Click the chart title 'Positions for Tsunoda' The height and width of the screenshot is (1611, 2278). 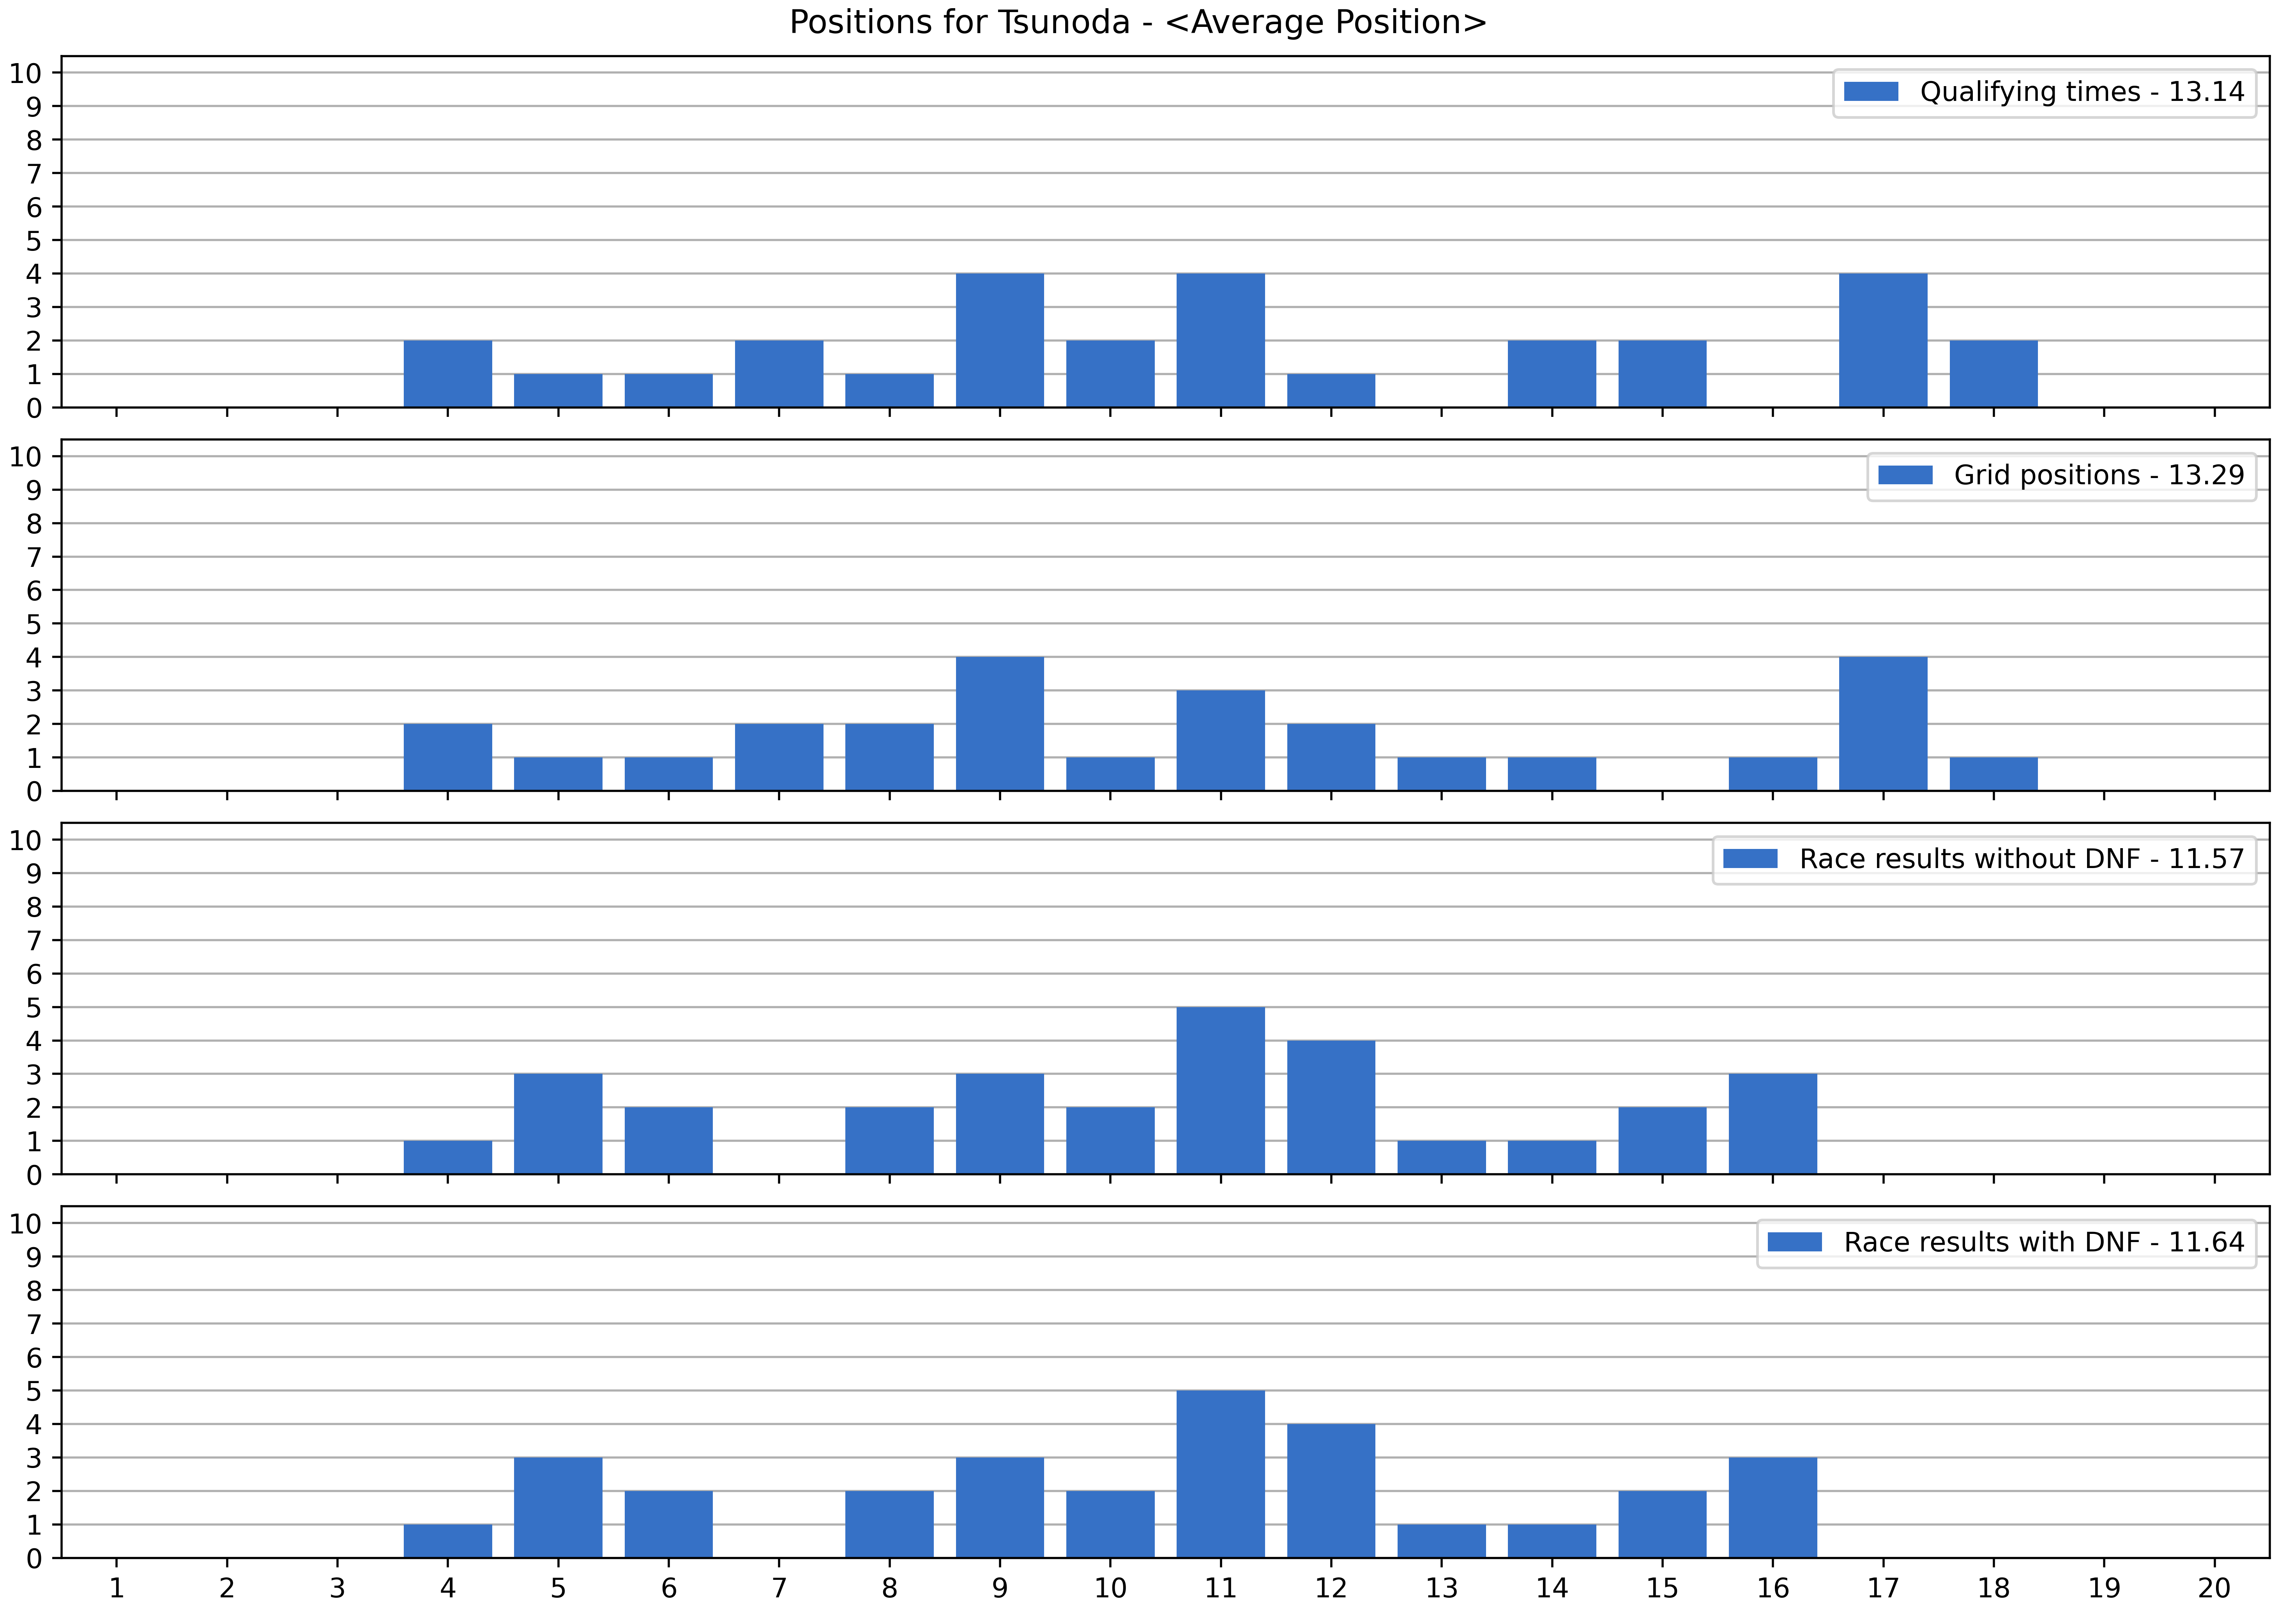pos(1138,22)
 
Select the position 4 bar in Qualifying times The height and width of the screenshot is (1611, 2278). pos(447,374)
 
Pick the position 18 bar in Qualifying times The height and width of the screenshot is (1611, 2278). pos(1993,374)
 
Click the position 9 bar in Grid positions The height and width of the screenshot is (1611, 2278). pos(1000,724)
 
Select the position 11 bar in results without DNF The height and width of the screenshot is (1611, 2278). pos(1220,1091)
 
